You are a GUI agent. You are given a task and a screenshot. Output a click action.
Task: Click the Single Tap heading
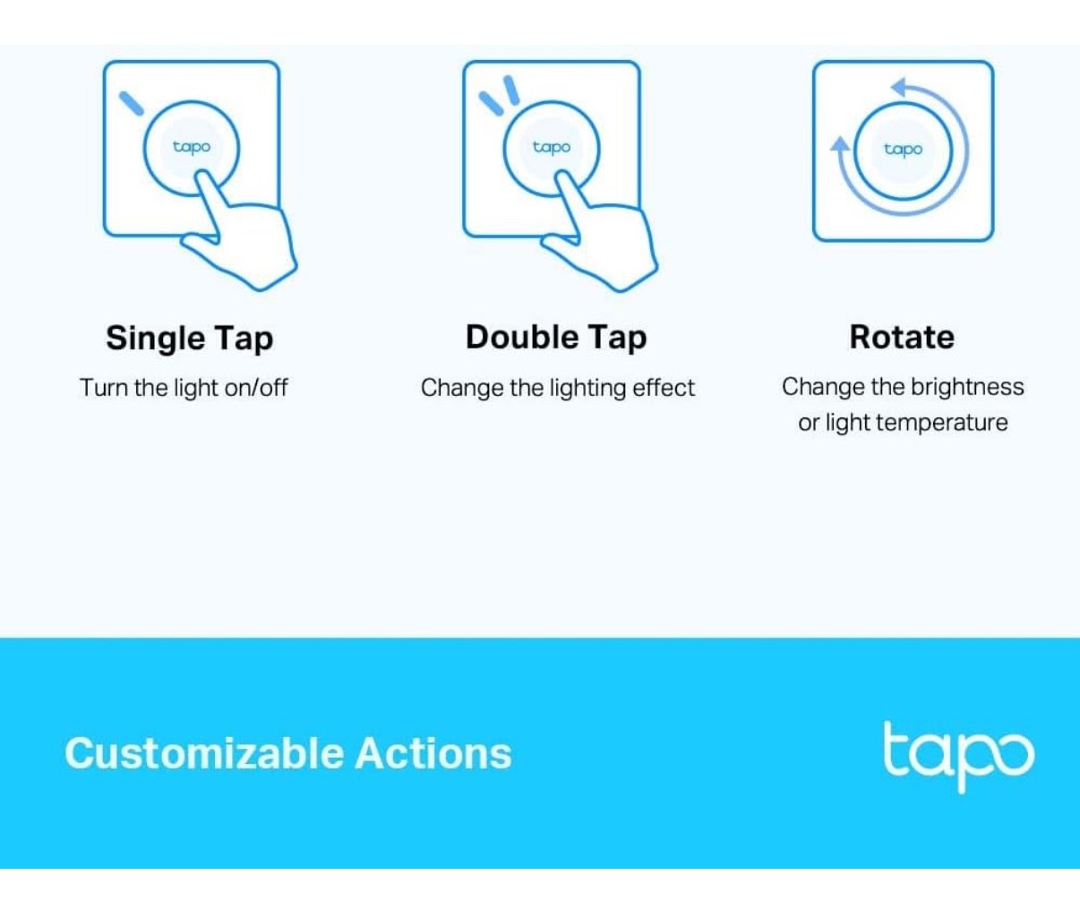(x=189, y=339)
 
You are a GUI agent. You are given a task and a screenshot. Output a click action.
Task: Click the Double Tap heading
(x=555, y=338)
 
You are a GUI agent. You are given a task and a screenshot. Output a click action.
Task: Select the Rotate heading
(x=902, y=338)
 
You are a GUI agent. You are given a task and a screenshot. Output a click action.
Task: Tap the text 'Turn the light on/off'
(x=184, y=388)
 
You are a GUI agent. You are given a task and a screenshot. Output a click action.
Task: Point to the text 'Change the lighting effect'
(x=557, y=388)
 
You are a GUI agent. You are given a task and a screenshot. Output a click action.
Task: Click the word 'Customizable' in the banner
(x=204, y=753)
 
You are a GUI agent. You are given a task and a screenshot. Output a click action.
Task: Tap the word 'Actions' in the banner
(x=433, y=753)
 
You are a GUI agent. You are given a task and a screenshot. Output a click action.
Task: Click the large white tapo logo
(x=957, y=755)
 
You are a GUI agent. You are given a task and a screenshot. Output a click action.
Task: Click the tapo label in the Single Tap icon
(x=192, y=147)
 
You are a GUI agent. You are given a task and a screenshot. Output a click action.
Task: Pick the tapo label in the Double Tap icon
(x=552, y=147)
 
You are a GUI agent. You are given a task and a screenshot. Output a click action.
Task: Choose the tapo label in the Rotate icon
(x=903, y=150)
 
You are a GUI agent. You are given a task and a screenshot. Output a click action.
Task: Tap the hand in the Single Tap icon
(x=246, y=237)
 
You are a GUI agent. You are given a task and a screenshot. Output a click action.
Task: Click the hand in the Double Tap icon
(x=606, y=237)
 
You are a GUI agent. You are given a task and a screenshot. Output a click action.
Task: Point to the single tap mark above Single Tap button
(x=132, y=103)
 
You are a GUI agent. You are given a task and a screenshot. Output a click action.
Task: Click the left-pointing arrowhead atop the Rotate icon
(x=899, y=88)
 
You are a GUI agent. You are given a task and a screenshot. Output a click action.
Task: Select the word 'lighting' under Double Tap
(x=587, y=388)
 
